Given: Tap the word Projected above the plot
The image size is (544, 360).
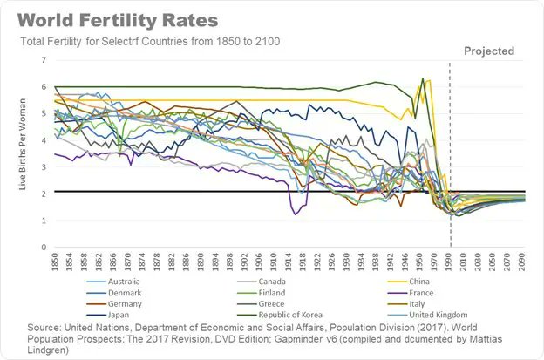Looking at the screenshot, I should click(488, 51).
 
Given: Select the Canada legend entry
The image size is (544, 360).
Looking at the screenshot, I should click(283, 281).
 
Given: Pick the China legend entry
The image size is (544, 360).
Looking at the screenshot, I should click(431, 281).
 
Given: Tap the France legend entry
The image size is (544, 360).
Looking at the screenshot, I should click(432, 292).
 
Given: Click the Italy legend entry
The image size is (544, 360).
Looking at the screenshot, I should click(428, 303).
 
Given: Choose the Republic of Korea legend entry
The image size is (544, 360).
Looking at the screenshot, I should click(302, 315).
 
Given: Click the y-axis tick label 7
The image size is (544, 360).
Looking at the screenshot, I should click(43, 59).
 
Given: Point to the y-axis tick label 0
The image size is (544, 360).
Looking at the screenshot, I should click(43, 248).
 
